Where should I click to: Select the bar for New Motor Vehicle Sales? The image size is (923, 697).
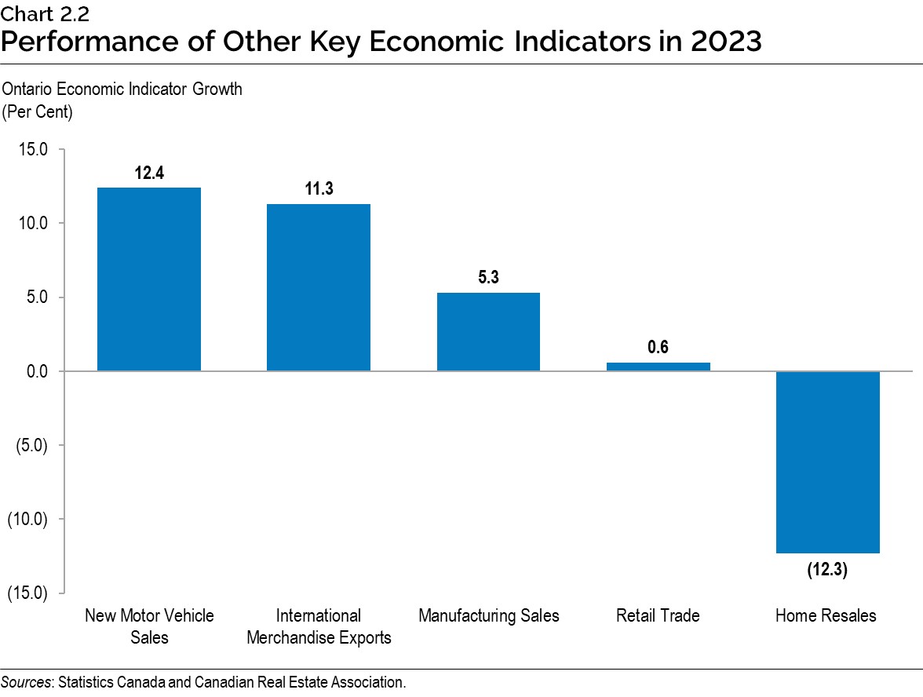(148, 279)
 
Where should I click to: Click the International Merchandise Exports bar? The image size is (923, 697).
(319, 287)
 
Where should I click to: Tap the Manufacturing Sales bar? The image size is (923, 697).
(488, 331)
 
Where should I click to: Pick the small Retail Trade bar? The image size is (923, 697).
(658, 367)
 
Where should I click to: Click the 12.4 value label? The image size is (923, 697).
(149, 173)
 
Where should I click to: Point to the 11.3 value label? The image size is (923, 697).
(319, 189)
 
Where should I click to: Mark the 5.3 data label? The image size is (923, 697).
(488, 278)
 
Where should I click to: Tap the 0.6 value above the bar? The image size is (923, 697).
(658, 348)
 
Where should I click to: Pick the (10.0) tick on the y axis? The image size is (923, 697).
(27, 519)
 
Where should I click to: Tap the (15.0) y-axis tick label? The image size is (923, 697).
(27, 593)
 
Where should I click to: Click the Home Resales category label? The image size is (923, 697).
(826, 615)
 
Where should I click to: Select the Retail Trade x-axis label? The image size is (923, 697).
(658, 615)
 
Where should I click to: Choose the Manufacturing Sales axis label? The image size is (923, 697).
(488, 615)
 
